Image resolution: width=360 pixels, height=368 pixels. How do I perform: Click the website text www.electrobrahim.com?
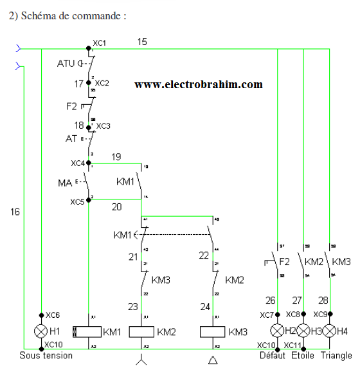(x=198, y=84)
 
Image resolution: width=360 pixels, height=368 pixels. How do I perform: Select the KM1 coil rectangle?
(x=87, y=332)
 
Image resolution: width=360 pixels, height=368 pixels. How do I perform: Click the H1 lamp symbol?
(x=40, y=331)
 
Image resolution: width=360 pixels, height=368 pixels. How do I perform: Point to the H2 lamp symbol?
(x=277, y=331)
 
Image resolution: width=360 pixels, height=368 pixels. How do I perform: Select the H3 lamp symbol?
(x=303, y=331)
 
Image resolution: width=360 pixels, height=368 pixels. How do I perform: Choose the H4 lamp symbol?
(x=330, y=331)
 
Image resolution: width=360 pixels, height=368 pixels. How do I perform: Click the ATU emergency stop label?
(x=66, y=63)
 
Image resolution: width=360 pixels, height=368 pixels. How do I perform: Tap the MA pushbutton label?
(x=64, y=184)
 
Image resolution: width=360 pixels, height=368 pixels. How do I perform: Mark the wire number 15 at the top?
(x=142, y=42)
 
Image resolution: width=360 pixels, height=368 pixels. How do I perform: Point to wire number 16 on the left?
(x=15, y=211)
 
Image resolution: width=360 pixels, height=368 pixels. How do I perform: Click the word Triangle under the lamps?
(x=336, y=355)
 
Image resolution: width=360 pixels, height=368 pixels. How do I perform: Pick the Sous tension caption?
(x=46, y=355)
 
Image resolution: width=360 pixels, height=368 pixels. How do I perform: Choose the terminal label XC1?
(x=99, y=42)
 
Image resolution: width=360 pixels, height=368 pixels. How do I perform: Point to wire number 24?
(x=205, y=307)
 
